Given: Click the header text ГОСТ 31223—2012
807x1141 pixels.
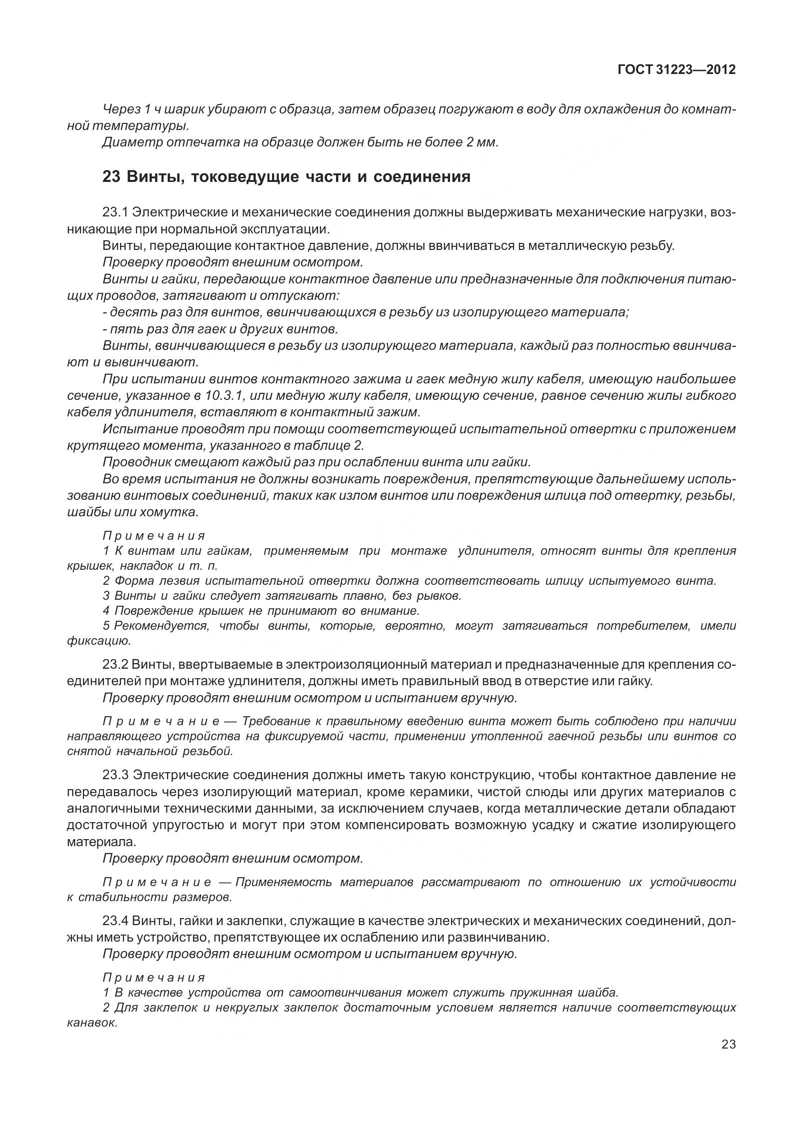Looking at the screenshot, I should pyautogui.click(x=676, y=69).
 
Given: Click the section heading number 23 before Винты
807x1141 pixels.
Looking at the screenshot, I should pyautogui.click(x=111, y=177).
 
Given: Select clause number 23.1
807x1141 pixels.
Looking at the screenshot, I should pyautogui.click(x=115, y=212).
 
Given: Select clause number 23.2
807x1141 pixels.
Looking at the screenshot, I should pyautogui.click(x=115, y=665).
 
